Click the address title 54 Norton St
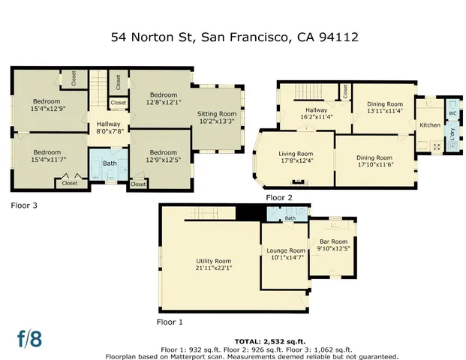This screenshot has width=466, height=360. point(233,36)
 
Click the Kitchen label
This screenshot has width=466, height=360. point(430,124)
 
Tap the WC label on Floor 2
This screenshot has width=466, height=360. point(452,114)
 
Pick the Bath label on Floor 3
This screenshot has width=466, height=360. point(110,163)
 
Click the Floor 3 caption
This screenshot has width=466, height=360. point(25,204)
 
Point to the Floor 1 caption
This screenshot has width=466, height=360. point(171,322)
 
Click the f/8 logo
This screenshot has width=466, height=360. point(30,338)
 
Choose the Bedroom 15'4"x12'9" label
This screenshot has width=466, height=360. point(47,106)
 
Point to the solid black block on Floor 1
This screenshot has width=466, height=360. point(246,212)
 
